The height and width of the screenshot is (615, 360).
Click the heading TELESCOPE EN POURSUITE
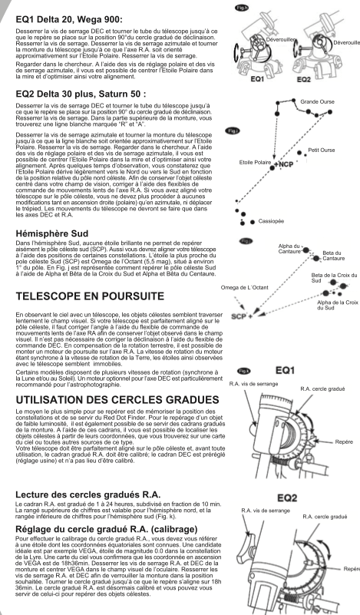tap(90, 296)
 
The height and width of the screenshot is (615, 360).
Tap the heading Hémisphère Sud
tap(52, 233)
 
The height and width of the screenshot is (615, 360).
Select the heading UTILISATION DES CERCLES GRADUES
tap(117, 400)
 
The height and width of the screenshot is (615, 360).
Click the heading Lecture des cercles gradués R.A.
tap(88, 494)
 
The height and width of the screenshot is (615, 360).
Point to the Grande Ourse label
tap(317, 101)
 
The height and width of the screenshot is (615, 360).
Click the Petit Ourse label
tap(321, 150)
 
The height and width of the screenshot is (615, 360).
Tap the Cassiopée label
tap(271, 222)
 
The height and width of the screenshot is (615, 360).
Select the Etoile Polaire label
tap(255, 162)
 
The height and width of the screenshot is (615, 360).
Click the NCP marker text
tap(285, 164)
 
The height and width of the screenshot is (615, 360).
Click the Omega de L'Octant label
tap(244, 287)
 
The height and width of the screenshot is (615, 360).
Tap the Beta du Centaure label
tap(334, 256)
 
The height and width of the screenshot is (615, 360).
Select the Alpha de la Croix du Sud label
tap(337, 305)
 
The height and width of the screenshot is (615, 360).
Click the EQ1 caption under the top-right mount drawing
tap(257, 79)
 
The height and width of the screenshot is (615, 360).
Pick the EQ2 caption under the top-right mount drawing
tap(303, 80)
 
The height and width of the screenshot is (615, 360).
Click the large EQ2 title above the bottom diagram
tap(287, 498)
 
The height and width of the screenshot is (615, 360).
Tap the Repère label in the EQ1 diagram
tap(344, 442)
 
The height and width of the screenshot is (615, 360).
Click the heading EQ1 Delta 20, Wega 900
tap(69, 19)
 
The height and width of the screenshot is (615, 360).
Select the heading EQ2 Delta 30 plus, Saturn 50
tap(81, 94)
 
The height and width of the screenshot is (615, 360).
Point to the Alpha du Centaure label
tap(289, 249)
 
